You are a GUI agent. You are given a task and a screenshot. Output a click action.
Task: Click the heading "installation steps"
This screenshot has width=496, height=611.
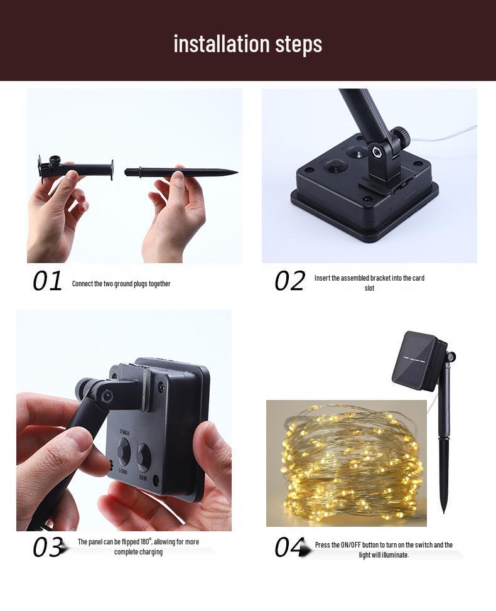click(x=248, y=44)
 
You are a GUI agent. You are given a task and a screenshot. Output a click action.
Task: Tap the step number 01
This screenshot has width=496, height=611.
click(x=47, y=281)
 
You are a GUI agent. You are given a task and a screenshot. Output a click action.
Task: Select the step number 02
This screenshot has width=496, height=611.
click(x=289, y=281)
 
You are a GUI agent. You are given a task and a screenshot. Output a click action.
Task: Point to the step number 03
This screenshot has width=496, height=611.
click(x=48, y=547)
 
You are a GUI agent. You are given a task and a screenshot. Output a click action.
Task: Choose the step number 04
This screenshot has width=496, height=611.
click(x=289, y=547)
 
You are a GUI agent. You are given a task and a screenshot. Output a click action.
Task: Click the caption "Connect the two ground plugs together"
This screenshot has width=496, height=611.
click(x=121, y=284)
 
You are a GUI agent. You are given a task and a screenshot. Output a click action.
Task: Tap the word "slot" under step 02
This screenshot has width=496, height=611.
click(x=369, y=288)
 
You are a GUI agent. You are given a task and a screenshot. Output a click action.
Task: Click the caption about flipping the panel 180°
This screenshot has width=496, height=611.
click(x=138, y=547)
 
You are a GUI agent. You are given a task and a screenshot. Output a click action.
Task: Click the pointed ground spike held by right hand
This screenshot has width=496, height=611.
click(x=181, y=171)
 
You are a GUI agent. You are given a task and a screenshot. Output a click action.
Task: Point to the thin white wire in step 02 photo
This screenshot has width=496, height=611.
click(x=444, y=134)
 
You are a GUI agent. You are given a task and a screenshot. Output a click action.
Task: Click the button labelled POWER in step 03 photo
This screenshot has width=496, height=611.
click(x=124, y=451)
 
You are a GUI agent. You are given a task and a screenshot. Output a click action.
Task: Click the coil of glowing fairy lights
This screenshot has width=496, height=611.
click(x=353, y=463)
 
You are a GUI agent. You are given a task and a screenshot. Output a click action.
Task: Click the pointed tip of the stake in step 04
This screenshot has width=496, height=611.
click(x=444, y=512)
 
